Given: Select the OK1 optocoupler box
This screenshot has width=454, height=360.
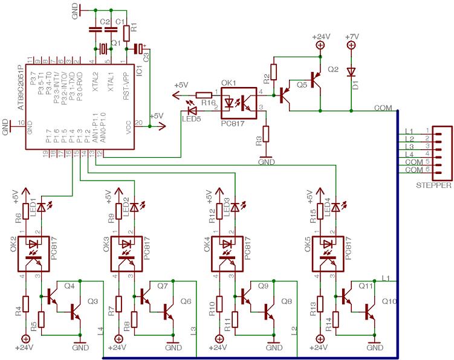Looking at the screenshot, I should [239, 101].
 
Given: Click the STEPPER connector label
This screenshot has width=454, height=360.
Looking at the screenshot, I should [433, 185].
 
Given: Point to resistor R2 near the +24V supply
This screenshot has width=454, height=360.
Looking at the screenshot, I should [273, 72].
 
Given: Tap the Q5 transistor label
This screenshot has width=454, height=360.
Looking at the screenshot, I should [302, 85].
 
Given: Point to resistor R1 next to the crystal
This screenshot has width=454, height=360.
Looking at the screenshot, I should [126, 33].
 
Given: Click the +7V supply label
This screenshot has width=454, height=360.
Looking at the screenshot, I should [351, 37].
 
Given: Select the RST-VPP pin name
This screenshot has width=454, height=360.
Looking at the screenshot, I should [126, 82].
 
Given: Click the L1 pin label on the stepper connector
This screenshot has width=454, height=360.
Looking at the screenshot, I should [409, 131].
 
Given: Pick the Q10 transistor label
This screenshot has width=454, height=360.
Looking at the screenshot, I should [389, 301].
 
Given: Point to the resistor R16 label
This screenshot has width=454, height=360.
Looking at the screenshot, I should [209, 104].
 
